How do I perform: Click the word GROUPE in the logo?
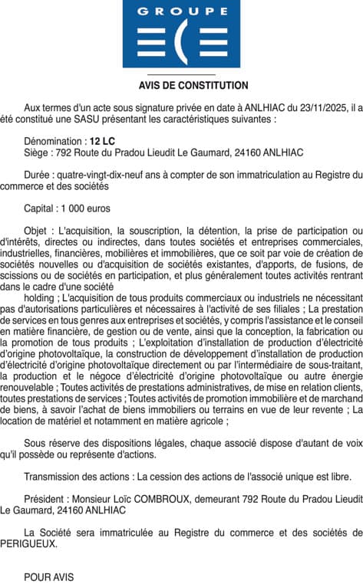pos(182,11)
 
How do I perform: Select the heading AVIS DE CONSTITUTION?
pos(182,86)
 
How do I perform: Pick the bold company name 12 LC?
pos(101,142)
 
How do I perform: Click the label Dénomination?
pos(54,142)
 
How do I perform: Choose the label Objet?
pos(37,230)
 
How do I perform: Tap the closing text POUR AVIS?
pos(49,577)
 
